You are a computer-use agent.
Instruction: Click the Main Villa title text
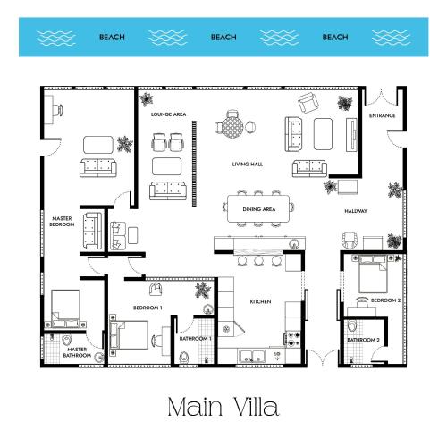pos(223,407)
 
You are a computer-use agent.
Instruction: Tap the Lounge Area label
pos(168,114)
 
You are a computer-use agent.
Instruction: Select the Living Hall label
pos(248,165)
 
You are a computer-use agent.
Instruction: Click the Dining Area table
pos(258,208)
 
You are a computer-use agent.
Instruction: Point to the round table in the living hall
pos(232,128)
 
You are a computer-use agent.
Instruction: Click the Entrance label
pos(382,115)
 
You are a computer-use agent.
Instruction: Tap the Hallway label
pos(356,211)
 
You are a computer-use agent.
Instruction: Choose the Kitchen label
pos(260,301)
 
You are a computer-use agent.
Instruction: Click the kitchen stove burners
pos(293,339)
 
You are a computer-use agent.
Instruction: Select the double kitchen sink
pos(252,357)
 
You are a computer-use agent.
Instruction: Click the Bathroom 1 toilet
pos(184,358)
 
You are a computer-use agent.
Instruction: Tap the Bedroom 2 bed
pos(373,274)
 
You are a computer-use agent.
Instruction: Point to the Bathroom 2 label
pos(363,340)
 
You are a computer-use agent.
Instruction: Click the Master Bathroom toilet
pos(66,340)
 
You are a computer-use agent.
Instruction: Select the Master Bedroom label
pos(62,222)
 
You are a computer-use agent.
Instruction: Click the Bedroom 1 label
pos(148,308)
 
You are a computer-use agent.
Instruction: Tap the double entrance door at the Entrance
pos(381,97)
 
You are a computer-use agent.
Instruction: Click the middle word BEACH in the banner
pos(223,38)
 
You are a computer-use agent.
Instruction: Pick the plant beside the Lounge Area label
pos(146,99)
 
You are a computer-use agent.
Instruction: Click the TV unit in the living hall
pos(351,135)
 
